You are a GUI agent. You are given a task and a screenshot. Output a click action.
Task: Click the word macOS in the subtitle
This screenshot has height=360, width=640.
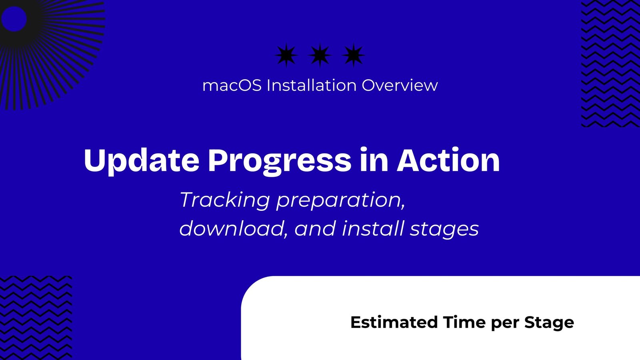click(232, 86)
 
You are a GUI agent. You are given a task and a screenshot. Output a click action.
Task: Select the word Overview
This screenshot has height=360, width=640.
click(400, 86)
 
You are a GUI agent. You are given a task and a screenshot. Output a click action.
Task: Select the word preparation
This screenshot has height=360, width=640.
click(340, 200)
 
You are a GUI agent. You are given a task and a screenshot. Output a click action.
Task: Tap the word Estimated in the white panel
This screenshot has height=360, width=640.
click(394, 322)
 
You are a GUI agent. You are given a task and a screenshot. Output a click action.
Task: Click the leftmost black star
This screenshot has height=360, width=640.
click(286, 55)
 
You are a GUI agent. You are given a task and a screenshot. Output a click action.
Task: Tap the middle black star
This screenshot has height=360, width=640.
click(320, 55)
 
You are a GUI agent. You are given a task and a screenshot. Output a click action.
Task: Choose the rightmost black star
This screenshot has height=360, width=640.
click(354, 55)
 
